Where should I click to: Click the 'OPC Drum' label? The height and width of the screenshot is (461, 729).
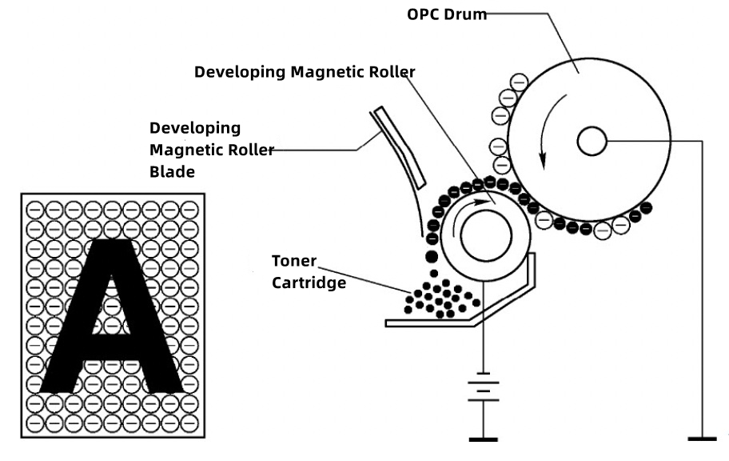447,14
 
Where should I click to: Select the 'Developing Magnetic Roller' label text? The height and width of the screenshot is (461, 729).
305,72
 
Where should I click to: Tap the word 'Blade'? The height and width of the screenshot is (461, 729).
173,170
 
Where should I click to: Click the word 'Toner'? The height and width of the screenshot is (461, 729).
294,262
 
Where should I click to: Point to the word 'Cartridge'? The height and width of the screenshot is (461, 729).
308,283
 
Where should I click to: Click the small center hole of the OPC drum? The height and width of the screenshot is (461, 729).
592,142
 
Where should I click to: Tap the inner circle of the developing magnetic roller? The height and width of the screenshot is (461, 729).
481,238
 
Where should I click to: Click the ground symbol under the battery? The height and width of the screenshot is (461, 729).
484,439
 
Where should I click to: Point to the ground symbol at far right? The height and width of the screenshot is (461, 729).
703,439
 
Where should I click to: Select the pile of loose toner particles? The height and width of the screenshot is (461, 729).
441,298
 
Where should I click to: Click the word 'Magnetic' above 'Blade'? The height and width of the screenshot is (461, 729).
183,149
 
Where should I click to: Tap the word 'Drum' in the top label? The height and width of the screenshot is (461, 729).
468,14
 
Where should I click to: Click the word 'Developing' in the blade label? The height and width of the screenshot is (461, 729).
195,128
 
